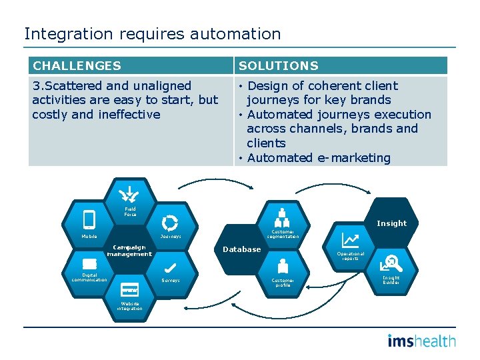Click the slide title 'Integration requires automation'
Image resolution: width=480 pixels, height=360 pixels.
153,33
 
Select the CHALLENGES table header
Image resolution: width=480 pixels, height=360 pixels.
77,66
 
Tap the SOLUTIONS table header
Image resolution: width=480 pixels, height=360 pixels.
279,66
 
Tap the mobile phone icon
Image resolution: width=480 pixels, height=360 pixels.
89,219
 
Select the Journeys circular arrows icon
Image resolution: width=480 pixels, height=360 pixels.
171,223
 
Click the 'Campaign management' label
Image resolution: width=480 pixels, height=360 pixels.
129,250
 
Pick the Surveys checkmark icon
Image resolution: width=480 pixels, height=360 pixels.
170,267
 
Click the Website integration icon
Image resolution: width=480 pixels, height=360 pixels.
130,290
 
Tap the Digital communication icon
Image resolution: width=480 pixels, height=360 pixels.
89,263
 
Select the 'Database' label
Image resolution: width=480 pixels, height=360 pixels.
241,249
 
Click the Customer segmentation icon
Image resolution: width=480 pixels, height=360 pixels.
283,217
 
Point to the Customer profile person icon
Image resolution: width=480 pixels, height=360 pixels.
283,267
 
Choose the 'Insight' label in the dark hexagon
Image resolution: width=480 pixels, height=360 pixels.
391,223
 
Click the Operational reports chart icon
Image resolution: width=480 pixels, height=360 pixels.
351,240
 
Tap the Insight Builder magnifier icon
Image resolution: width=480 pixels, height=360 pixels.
391,264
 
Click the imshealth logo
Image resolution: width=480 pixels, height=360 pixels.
421,341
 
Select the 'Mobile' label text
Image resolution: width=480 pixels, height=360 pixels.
89,236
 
